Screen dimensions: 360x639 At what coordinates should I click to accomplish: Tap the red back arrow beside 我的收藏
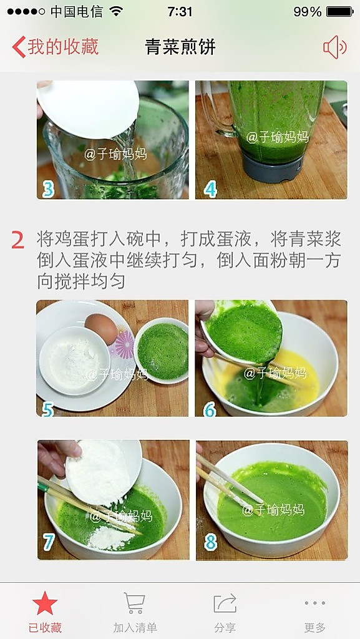coord(19,47)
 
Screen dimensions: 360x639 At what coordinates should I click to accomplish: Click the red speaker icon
coord(335,47)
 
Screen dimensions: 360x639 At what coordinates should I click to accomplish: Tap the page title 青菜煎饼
coord(180,47)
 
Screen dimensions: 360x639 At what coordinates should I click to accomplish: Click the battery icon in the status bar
coord(340,12)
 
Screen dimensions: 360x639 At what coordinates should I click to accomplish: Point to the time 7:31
coord(180,12)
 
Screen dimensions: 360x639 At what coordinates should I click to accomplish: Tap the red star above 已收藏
coord(45,603)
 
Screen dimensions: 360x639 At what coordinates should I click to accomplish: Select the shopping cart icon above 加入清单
coord(135,603)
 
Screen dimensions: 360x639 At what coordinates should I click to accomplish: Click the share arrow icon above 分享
coord(225,603)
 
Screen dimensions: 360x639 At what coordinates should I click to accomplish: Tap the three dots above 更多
coord(315,603)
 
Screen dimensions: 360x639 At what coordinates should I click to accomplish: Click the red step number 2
coord(18,240)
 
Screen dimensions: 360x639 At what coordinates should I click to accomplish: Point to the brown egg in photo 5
coord(101,328)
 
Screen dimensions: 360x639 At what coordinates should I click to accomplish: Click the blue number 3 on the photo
coord(49,190)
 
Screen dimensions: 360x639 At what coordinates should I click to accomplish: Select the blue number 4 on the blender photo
coord(210,190)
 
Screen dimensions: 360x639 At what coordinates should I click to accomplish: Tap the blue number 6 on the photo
coord(210,409)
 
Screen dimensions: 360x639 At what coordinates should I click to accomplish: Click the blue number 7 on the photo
coord(49,542)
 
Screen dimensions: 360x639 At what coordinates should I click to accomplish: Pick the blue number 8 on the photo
coord(210,542)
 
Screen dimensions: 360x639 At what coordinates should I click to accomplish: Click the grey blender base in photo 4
coord(273,168)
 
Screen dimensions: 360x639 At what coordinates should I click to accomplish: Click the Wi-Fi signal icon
coord(116,12)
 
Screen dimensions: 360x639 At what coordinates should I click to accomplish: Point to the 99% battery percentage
coord(308,12)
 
